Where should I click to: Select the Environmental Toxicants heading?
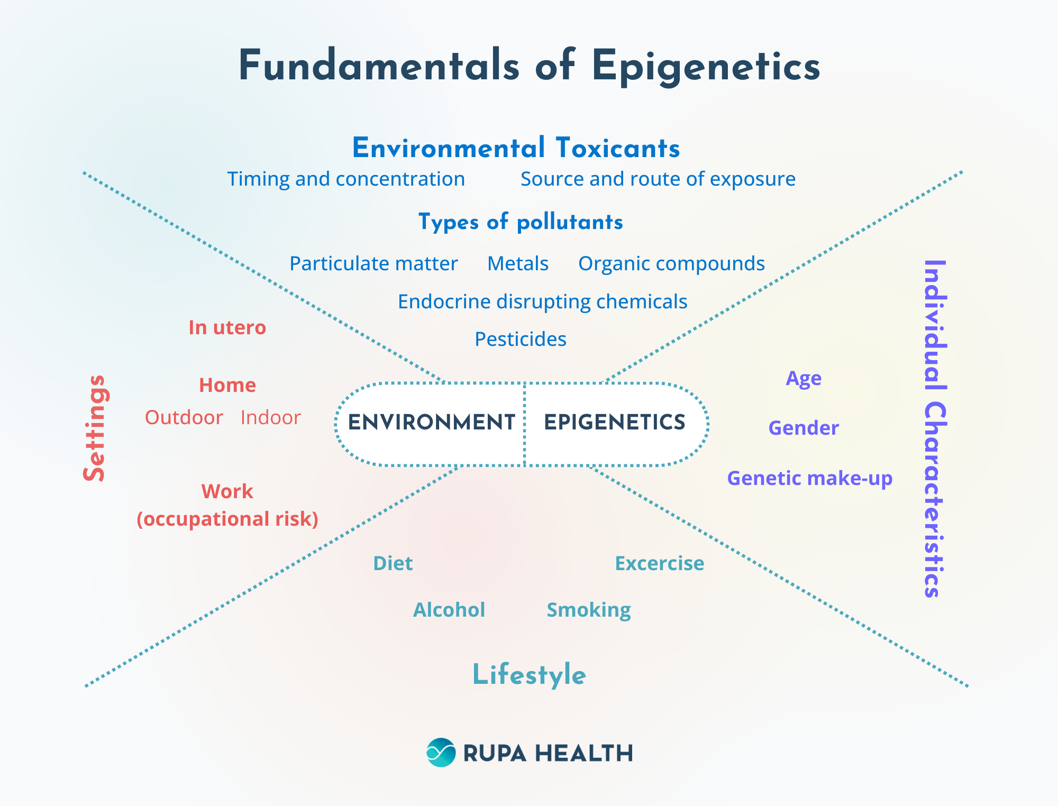tap(516, 148)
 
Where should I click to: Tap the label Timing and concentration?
tap(346, 179)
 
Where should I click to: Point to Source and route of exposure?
tap(658, 179)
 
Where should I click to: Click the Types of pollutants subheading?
tap(521, 222)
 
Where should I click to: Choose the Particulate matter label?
tap(373, 263)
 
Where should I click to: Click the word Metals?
tap(518, 263)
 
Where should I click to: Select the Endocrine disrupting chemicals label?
tap(542, 301)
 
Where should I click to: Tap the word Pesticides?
tap(521, 339)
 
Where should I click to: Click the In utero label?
tap(227, 328)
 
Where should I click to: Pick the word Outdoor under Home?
tap(184, 418)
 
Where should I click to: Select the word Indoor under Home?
tap(270, 418)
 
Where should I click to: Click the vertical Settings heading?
tap(95, 428)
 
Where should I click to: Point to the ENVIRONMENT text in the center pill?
tap(431, 423)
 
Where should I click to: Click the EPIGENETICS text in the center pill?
tap(615, 423)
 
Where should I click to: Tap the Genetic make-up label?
tap(809, 478)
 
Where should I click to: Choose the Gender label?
tap(804, 428)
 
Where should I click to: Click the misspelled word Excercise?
tap(659, 563)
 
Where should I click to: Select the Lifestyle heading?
tap(529, 675)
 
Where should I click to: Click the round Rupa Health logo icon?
tap(441, 753)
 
